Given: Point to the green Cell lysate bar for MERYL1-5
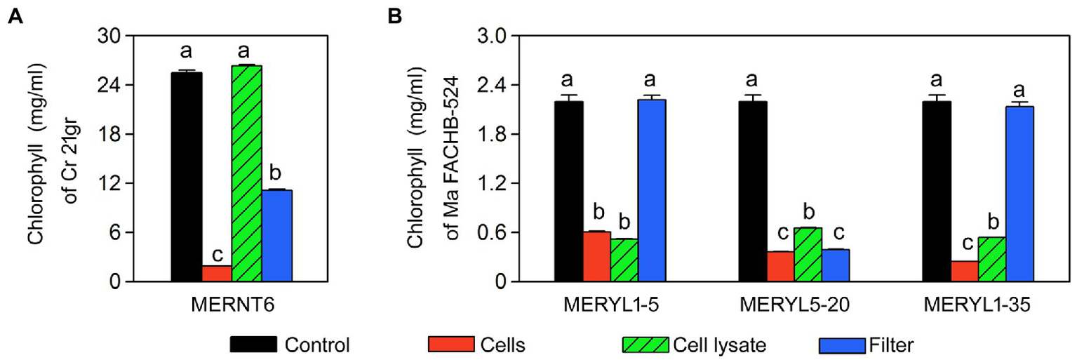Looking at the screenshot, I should pyautogui.click(x=624, y=260).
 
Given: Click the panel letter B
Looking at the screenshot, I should pyautogui.click(x=395, y=15).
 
